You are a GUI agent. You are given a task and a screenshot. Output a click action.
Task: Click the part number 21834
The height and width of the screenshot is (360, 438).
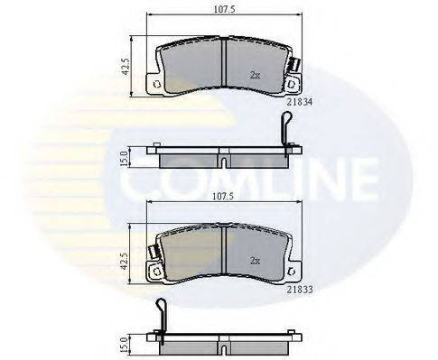coord(299,103)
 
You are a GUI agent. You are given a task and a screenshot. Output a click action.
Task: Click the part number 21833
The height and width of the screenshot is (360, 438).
coord(299,290)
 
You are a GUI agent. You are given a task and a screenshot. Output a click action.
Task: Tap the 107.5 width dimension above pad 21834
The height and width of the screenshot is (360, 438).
coord(224,9)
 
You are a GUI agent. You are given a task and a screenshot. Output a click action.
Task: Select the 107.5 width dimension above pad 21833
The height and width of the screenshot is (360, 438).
coord(223,197)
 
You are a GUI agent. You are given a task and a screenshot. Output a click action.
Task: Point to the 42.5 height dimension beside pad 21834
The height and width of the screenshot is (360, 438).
coord(126,66)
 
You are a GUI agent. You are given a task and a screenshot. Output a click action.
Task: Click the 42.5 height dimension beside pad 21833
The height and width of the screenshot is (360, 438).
coord(126,261)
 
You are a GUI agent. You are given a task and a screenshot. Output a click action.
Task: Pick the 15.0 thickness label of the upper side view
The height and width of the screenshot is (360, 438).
coord(124,159)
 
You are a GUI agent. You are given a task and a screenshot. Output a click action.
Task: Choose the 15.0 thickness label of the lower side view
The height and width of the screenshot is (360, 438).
coord(124,345)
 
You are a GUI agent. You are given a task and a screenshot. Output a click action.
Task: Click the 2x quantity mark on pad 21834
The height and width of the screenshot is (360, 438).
coord(255,75)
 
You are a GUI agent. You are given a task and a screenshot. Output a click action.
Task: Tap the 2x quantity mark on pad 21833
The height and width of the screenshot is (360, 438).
coord(255,261)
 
